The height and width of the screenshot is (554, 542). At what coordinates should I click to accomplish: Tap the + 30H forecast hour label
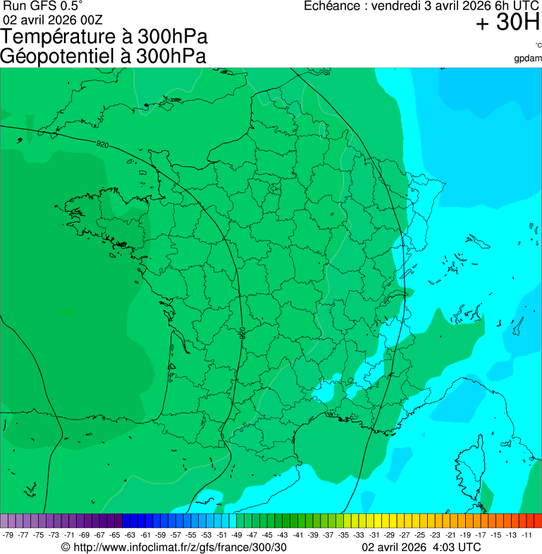[x=507, y=23]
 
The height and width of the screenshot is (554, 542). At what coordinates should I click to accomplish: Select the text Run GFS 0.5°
[x=43, y=6]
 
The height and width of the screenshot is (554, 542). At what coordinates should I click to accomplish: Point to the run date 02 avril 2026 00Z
[x=53, y=19]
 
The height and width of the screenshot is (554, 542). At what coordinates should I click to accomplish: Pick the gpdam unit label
[x=528, y=59]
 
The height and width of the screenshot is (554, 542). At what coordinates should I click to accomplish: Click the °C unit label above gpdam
[x=538, y=46]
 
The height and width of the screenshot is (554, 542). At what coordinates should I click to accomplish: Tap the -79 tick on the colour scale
[x=8, y=535]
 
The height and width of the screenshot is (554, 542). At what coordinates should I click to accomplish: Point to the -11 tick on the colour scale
[x=526, y=535]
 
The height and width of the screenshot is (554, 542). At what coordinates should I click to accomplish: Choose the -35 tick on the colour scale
[x=343, y=535]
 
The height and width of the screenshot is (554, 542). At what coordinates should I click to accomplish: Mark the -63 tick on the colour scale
[x=130, y=535]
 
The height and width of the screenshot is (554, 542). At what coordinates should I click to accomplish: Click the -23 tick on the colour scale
[x=435, y=535]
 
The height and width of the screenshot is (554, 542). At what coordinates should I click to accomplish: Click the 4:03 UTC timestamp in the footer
[x=457, y=547]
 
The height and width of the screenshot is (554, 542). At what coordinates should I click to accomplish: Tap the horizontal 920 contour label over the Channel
[x=103, y=144]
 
